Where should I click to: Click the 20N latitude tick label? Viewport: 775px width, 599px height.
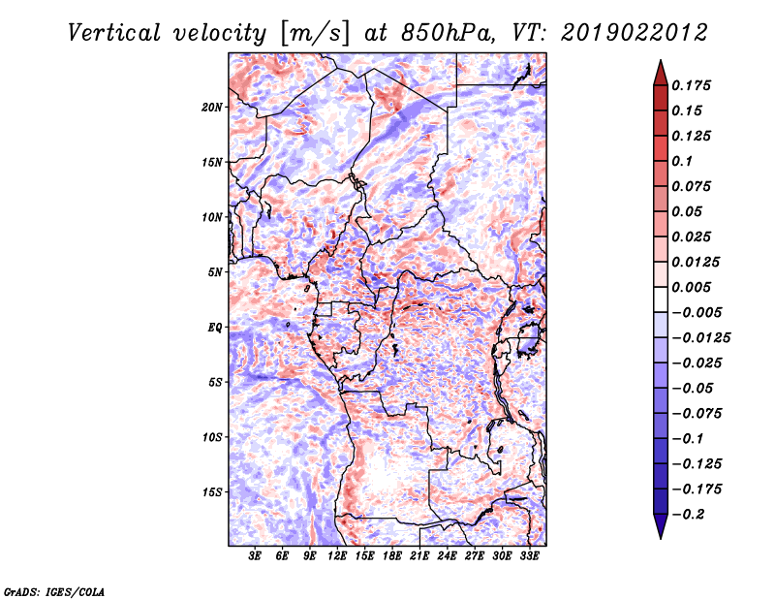[212, 108]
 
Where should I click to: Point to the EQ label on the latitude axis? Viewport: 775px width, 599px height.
[214, 328]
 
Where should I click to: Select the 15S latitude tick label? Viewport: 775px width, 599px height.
[212, 492]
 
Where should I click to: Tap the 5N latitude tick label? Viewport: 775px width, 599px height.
[215, 272]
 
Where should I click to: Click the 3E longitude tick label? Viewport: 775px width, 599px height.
[255, 556]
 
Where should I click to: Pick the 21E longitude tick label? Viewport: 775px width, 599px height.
[419, 556]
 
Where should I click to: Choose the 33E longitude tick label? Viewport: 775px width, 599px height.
[529, 556]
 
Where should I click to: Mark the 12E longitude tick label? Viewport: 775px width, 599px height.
[336, 556]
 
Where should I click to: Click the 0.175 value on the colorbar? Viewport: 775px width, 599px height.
[691, 85]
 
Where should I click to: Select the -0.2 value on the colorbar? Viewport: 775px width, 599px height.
[688, 515]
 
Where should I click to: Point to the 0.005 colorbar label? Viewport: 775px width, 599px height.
[691, 287]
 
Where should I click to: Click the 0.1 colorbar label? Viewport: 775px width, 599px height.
[682, 161]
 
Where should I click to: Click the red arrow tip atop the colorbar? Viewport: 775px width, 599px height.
[661, 60]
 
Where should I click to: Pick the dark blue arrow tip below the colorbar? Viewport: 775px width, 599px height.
[661, 538]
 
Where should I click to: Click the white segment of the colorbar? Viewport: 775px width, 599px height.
[661, 299]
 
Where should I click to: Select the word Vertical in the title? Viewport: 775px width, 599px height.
[114, 33]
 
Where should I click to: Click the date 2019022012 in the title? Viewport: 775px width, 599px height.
[635, 33]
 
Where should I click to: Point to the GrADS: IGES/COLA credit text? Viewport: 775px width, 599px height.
[54, 591]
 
